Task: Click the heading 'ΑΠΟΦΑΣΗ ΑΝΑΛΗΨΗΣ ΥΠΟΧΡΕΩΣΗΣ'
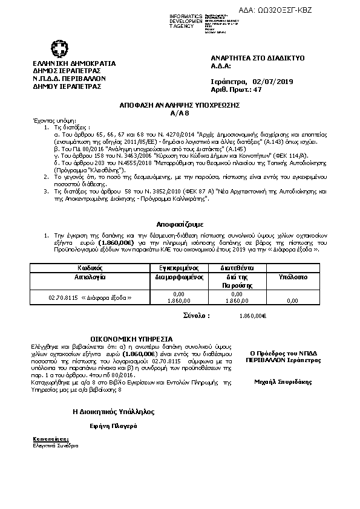180,105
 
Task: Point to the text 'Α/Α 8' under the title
180,112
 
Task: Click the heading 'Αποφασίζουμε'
180,223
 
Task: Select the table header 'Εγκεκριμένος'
179,267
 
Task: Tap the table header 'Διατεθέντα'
231,267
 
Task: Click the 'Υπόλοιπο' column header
293,275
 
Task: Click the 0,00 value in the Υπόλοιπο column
293,300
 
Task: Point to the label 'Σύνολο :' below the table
197,315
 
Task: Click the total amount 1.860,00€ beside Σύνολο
253,315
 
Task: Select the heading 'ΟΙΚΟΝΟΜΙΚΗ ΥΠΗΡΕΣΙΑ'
131,339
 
